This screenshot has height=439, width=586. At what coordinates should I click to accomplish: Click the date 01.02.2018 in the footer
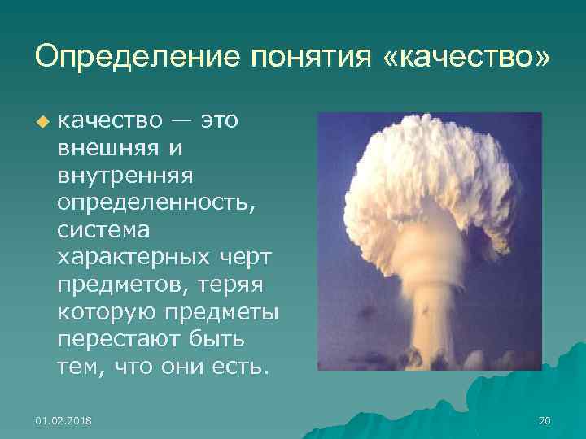pos(63,420)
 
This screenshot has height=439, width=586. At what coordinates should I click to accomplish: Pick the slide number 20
pos(544,420)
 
